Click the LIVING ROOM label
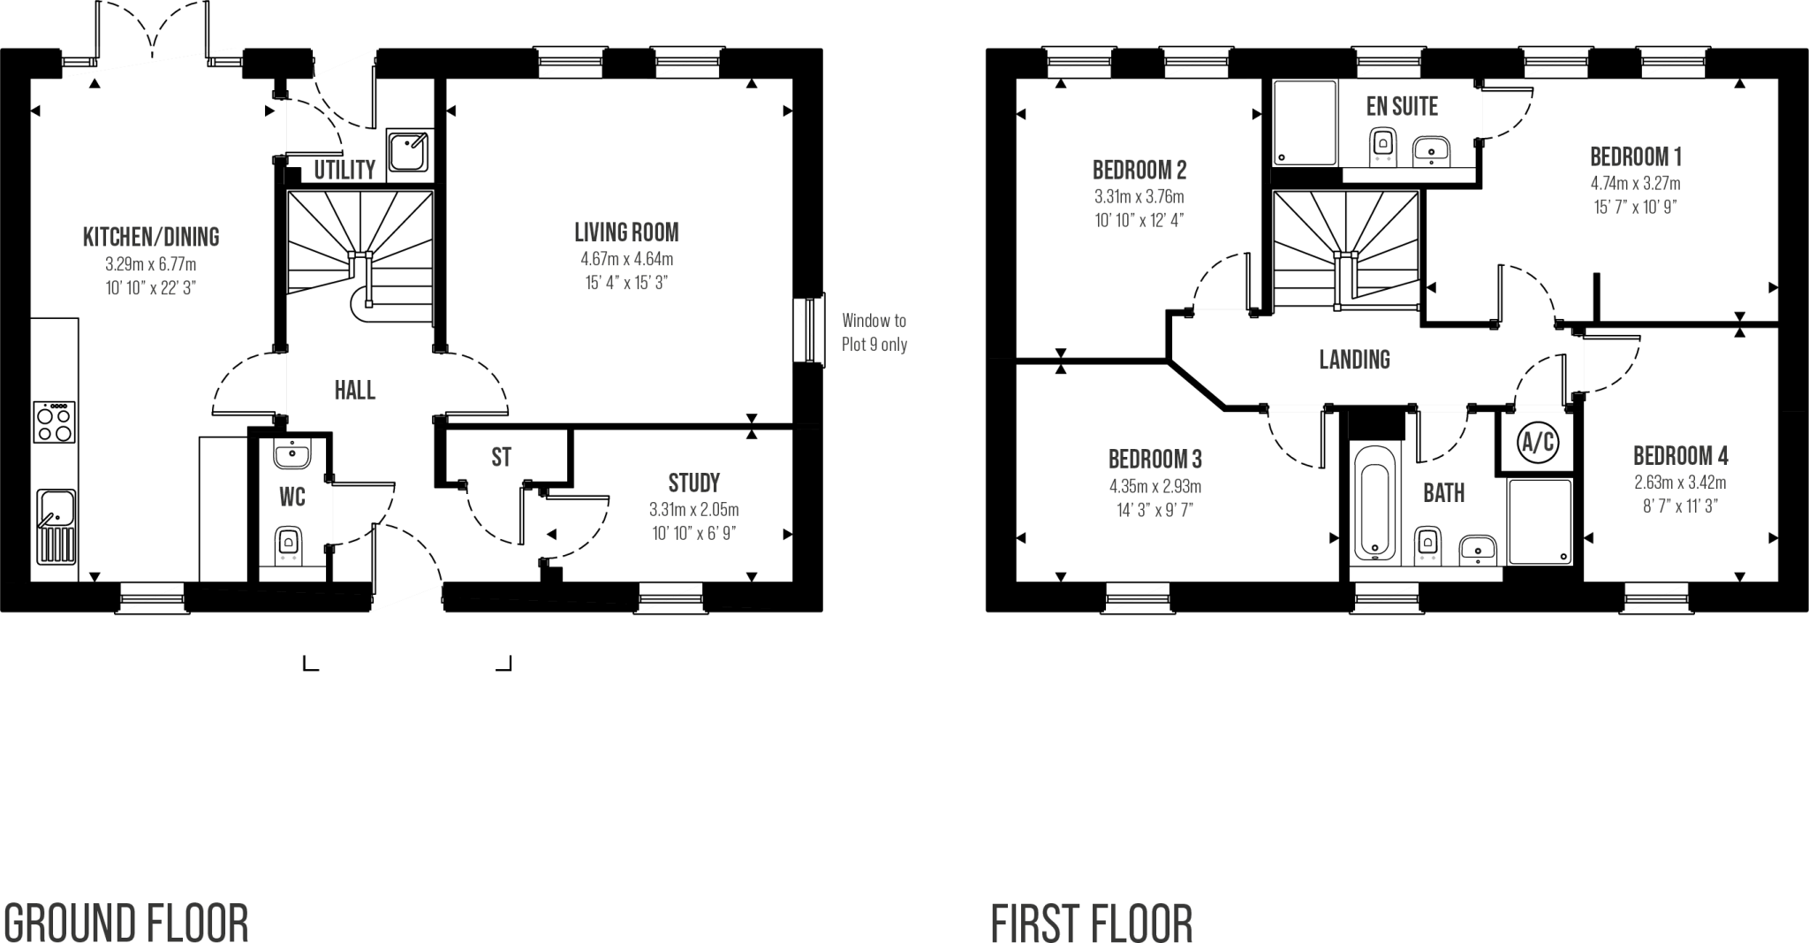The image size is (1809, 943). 626,233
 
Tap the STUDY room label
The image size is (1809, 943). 693,483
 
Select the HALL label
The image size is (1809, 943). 354,390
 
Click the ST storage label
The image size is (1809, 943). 501,457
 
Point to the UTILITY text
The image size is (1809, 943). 344,170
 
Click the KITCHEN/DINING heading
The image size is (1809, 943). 150,238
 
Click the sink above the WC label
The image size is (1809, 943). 291,454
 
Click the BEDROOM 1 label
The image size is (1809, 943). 1635,157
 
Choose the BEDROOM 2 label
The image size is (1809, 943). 1139,170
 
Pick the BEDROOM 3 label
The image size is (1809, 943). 1154,460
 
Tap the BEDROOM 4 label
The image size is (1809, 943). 1679,456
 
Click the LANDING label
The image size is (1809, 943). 1354,360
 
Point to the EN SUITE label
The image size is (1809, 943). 1402,107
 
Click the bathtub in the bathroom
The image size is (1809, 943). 1375,502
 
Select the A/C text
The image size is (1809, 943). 1537,443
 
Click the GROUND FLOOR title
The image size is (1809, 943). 125,923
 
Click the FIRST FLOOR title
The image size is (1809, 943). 1091,923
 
